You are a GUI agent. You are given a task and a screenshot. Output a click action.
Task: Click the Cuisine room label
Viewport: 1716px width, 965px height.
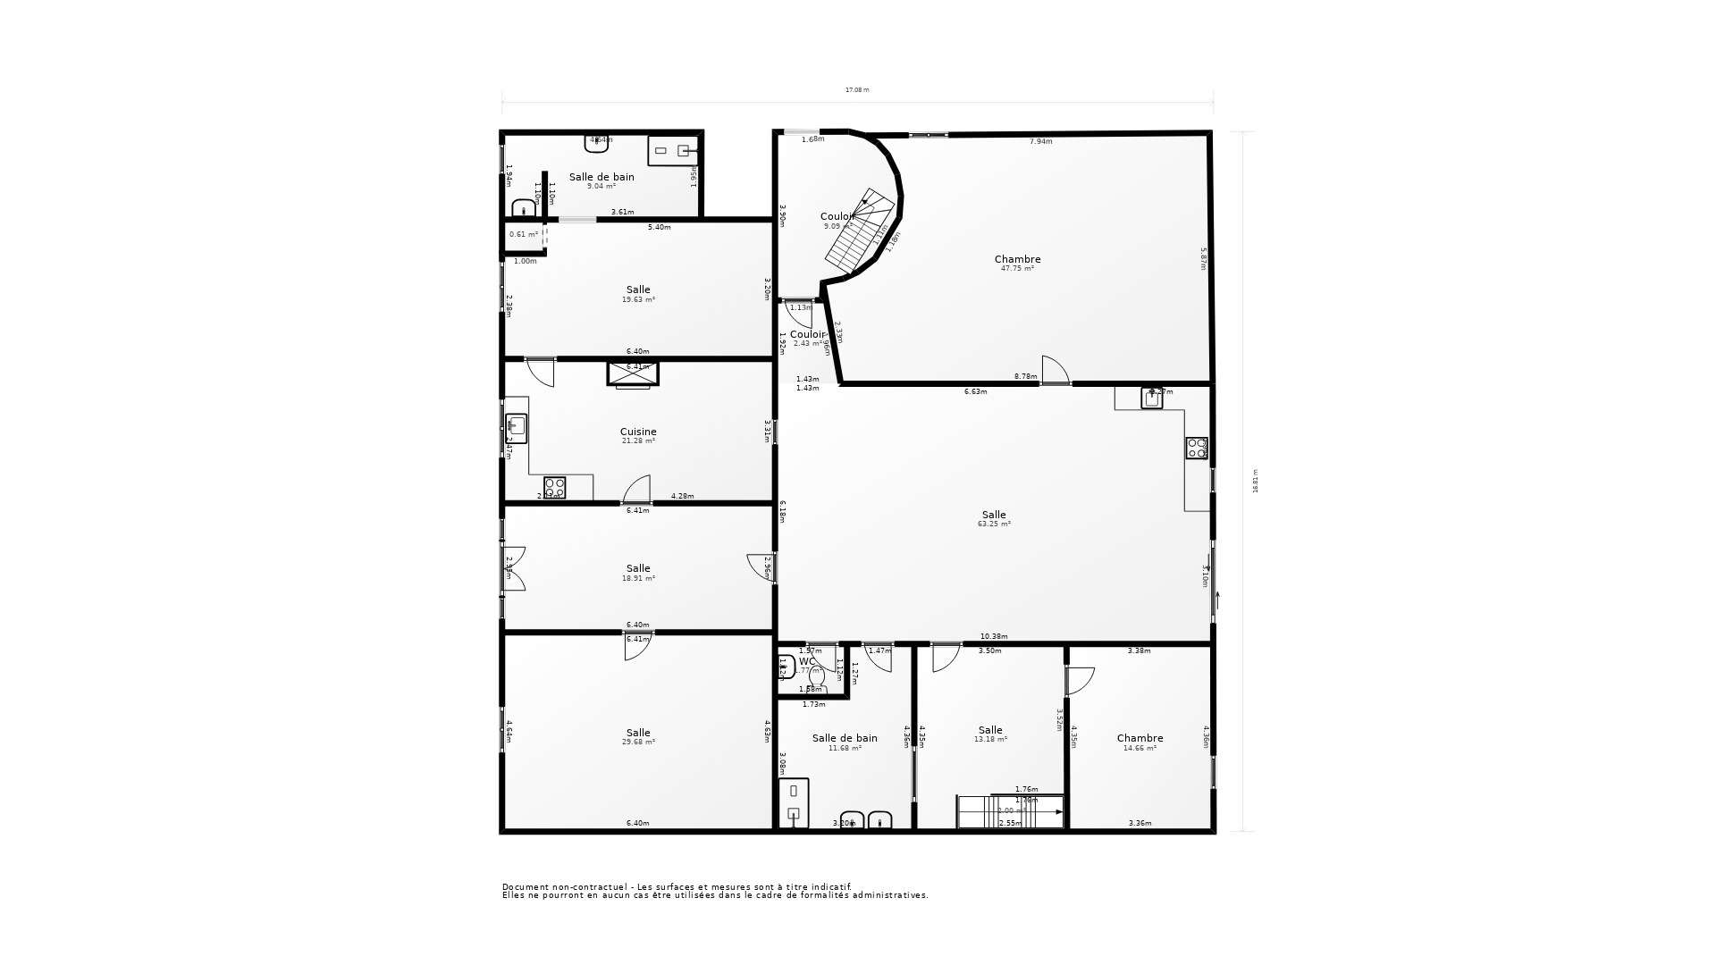[x=638, y=432]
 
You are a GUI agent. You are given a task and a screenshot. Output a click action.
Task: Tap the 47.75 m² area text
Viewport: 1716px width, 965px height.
[x=1017, y=269]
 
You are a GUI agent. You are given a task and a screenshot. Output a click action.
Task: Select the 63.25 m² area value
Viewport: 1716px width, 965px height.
[x=994, y=524]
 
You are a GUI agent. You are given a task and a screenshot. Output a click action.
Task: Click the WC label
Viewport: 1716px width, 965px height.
[x=807, y=662]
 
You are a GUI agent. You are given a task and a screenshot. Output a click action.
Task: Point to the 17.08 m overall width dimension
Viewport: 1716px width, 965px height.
[x=857, y=90]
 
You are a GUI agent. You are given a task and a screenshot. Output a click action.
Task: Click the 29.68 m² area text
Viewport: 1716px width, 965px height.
[x=638, y=743]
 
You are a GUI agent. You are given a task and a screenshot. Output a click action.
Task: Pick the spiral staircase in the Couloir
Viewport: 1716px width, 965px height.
[x=858, y=231]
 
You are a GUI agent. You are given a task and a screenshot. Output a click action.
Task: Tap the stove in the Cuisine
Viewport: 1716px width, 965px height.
[x=555, y=487]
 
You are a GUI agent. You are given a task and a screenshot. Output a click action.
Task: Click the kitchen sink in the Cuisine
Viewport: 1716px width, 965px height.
[x=516, y=428]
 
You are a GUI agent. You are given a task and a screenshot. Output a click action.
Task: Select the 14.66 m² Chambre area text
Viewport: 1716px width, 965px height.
[x=1140, y=748]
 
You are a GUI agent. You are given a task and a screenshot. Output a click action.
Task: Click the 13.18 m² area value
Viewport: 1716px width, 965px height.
[x=990, y=740]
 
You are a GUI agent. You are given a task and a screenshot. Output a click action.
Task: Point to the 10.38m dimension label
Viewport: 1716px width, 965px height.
[x=994, y=637]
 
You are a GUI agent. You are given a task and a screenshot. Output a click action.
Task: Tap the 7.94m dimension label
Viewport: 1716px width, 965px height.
[x=1041, y=141]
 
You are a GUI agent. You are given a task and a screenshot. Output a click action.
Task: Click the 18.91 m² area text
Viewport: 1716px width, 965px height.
[x=638, y=578]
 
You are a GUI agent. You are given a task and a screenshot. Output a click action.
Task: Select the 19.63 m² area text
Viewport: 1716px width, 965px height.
[x=638, y=299]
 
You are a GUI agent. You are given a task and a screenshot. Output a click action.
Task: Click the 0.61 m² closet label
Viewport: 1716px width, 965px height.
[x=524, y=234]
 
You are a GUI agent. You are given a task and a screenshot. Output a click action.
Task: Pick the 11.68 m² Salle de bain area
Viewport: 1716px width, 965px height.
[x=845, y=748]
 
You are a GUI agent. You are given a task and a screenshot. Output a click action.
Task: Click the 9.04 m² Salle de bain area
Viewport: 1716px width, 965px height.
[x=601, y=187]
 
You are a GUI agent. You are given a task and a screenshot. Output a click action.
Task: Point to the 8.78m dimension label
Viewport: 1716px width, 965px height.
[x=1026, y=377]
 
